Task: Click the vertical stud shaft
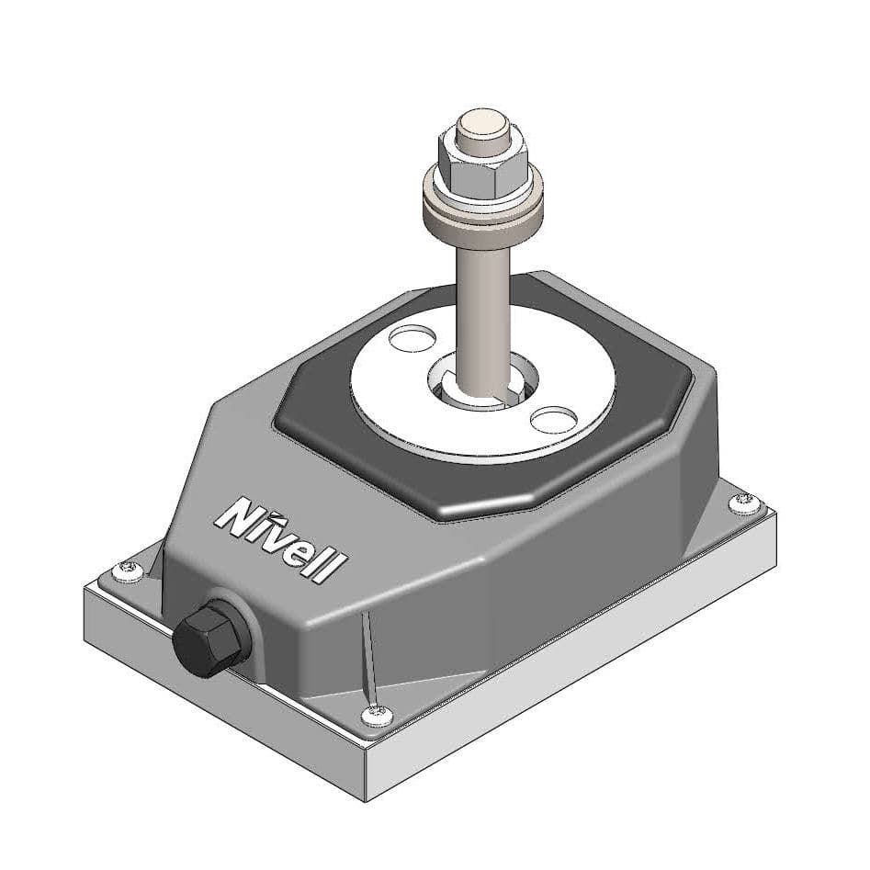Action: [x=483, y=303]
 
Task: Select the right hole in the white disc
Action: [x=553, y=420]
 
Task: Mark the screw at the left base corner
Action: [x=126, y=571]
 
